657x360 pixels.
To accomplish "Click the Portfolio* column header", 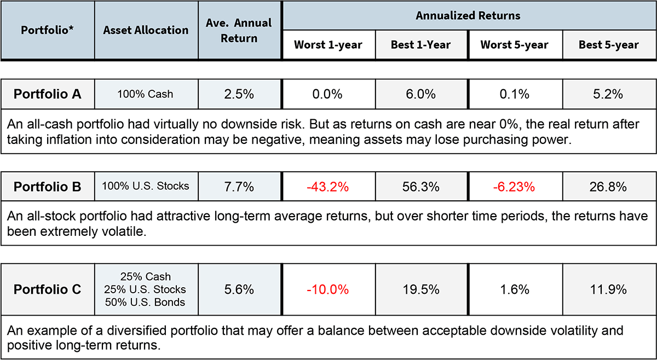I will (47, 30).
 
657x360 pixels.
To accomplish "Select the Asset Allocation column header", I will (146, 30).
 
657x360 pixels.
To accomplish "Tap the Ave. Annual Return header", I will (239, 30).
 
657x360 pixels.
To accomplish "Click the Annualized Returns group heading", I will (468, 15).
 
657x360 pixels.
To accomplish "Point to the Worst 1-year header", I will (328, 45).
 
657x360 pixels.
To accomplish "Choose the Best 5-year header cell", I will (609, 45).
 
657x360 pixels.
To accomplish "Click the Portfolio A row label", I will (48, 94).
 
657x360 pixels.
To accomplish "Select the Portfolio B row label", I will (48, 187).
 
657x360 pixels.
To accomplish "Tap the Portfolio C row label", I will (48, 289).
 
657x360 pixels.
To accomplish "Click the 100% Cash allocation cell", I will (145, 94).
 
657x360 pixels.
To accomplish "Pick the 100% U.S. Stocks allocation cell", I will (146, 186).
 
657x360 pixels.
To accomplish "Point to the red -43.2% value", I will (328, 187).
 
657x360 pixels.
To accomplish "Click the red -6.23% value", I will (515, 187).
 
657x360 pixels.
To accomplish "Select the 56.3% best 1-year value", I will (421, 187).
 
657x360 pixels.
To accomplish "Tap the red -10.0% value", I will (328, 289).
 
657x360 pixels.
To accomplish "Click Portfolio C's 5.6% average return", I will (239, 289).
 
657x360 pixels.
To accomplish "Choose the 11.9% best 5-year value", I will (609, 289).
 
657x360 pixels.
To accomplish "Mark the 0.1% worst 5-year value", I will (515, 94).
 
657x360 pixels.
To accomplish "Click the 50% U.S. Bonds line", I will (146, 302).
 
